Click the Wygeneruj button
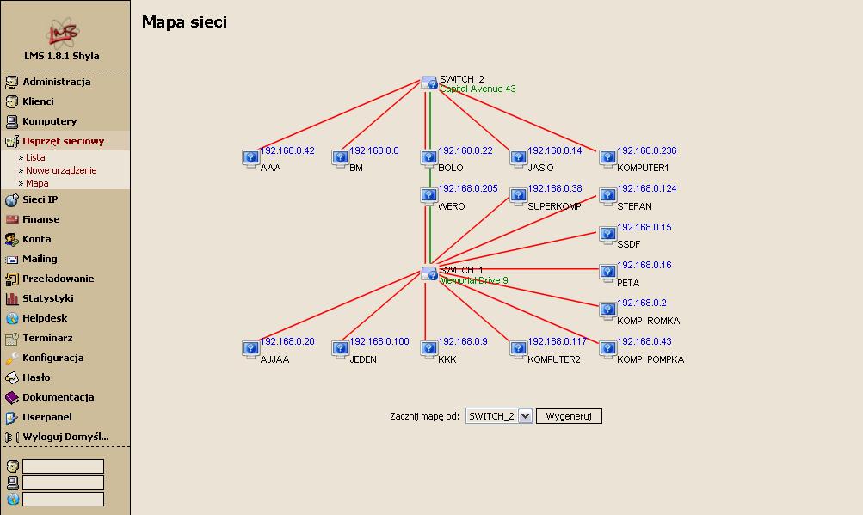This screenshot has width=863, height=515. (x=569, y=416)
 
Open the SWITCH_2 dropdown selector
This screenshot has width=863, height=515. (x=499, y=416)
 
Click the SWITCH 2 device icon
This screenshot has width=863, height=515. (x=429, y=83)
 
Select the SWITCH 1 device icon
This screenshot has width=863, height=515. (x=429, y=273)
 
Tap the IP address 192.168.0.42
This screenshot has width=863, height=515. (x=287, y=150)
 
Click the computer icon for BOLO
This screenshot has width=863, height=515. (x=429, y=157)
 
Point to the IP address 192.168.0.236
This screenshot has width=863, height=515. (x=646, y=150)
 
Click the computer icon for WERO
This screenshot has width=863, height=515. (x=429, y=196)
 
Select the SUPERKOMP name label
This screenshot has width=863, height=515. (x=554, y=206)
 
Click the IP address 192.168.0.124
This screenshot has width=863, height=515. (x=646, y=188)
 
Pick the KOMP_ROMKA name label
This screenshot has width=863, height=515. (x=648, y=321)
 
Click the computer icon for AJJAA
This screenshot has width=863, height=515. (x=250, y=348)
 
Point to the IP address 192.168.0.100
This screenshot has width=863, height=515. (x=379, y=341)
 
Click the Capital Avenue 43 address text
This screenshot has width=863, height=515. (x=478, y=89)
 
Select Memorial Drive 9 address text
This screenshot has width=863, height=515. (x=474, y=280)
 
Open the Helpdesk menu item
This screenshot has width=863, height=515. (x=45, y=318)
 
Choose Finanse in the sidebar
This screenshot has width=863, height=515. (x=41, y=219)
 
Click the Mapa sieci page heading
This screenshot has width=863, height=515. (x=184, y=22)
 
